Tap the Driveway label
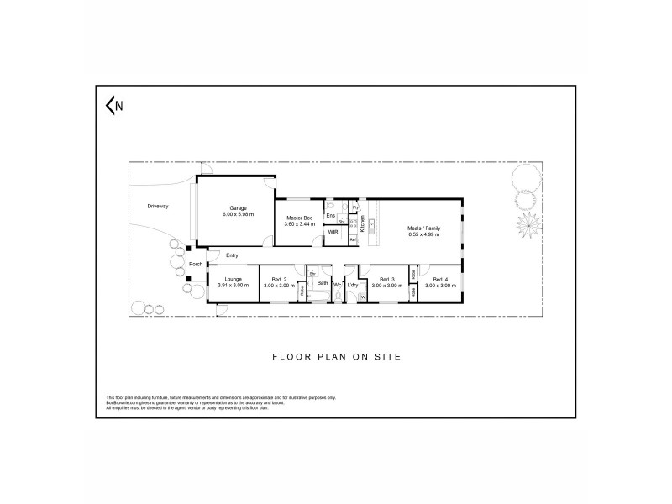158,206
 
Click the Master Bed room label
300,218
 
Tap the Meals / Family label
424,228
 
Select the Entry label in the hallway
233,255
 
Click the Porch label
195,265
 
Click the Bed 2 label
280,279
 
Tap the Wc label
337,285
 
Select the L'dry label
353,285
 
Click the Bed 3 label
386,279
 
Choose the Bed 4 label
441,279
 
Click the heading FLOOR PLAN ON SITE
336,356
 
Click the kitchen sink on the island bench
373,226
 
